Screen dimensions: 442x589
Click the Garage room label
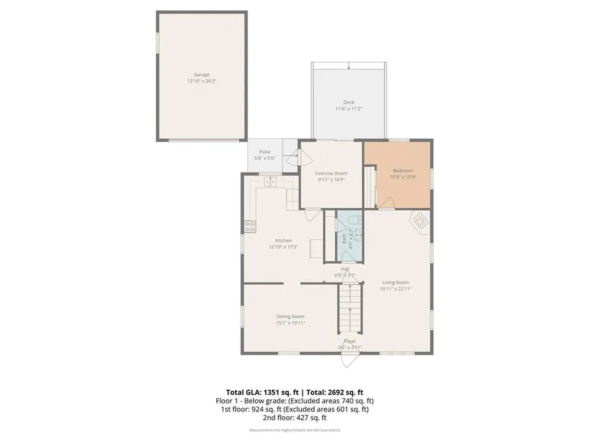pyautogui.click(x=201, y=74)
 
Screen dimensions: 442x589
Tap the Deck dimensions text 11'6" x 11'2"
pyautogui.click(x=349, y=109)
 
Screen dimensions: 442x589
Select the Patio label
pyautogui.click(x=265, y=152)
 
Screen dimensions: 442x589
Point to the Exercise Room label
pyautogui.click(x=331, y=173)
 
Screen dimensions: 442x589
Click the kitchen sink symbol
pyautogui.click(x=270, y=182)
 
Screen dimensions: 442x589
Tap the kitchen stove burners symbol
pyautogui.click(x=250, y=226)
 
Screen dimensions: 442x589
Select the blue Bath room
pyautogui.click(x=350, y=237)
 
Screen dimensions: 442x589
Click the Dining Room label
pyautogui.click(x=290, y=317)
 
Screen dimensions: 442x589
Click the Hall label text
pyautogui.click(x=345, y=269)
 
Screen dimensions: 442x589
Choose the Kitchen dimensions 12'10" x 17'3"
pyautogui.click(x=283, y=247)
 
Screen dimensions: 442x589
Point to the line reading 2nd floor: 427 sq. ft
pyautogui.click(x=294, y=418)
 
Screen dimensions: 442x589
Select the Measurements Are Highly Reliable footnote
pyautogui.click(x=294, y=430)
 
